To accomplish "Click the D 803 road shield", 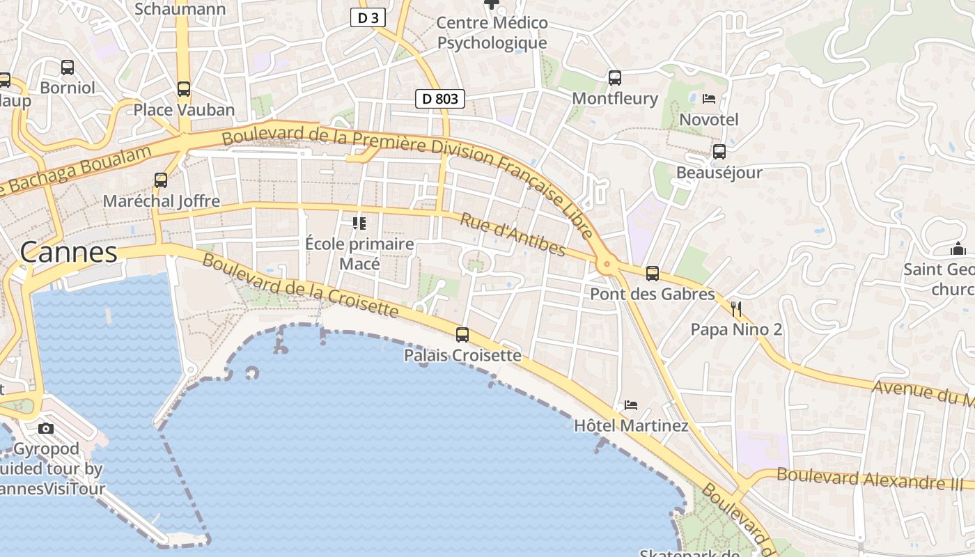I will point(440,99).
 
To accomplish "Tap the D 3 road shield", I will point(368,18).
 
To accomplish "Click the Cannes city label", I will point(69,252).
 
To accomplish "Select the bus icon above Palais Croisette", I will point(462,335).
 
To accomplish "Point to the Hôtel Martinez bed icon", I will point(631,405).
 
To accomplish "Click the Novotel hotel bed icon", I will point(709,99).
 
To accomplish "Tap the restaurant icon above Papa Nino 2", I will point(736,308).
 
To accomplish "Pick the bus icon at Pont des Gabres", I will point(653,274).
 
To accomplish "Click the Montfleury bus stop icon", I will point(614,77).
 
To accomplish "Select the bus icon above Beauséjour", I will point(719,151).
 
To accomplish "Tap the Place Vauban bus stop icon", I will point(184,89).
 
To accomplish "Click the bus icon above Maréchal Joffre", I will point(161,180).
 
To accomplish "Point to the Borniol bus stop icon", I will point(68,68).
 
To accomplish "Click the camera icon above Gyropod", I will point(46,428).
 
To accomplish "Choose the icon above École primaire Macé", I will point(359,223).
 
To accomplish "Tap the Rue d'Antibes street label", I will point(513,235).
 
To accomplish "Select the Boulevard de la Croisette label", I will point(301,285).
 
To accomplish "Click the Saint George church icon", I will point(958,249).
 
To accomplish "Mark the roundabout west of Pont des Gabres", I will point(607,264).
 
